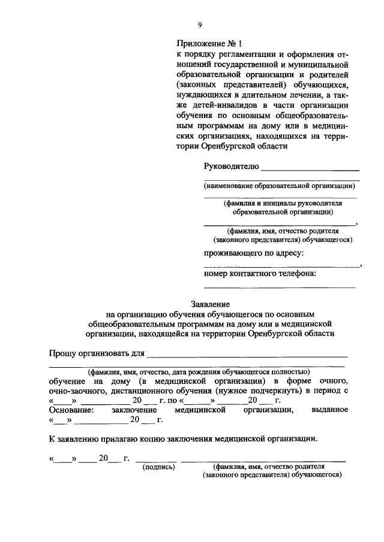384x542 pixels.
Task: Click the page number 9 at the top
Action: coord(200,24)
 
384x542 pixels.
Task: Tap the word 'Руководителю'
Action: coord(230,166)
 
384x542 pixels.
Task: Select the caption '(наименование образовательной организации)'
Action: coord(280,186)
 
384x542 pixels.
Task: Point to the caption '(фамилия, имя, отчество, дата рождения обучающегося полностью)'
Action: coord(198,371)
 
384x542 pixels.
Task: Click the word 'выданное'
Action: coord(329,410)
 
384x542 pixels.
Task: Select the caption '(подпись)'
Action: coord(158,466)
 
